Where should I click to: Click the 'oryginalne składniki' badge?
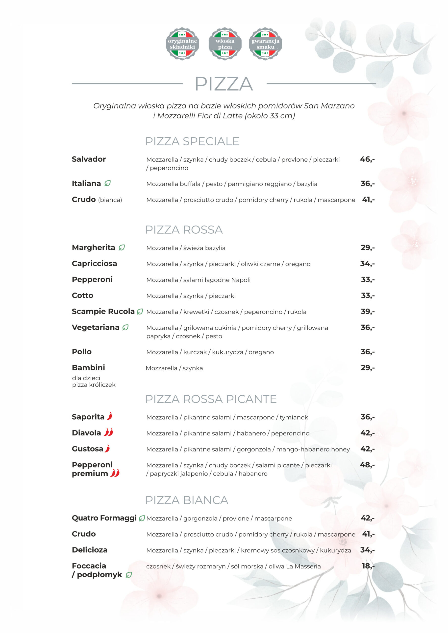pos(182,44)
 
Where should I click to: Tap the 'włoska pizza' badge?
pos(225,44)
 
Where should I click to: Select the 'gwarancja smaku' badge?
pos(265,44)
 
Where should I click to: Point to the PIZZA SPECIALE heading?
pos(192,141)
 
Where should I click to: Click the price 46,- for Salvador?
pos(367,159)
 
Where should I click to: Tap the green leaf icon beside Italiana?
pos(107,183)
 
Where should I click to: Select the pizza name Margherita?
pos(93,248)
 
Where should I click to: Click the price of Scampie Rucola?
pos(368,312)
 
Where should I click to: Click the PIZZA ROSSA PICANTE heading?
pos(211,399)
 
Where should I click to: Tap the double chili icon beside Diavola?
pos(108,432)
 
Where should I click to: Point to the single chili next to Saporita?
pos(110,416)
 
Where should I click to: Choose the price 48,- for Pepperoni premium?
pos(367,465)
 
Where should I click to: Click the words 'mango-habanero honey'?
pos(313,449)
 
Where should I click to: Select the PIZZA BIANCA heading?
pos(187,500)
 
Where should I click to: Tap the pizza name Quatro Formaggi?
pos(104,518)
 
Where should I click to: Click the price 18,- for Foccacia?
pos(368,566)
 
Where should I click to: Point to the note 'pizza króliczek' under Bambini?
pos(94,385)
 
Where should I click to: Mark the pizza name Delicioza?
pos(89,550)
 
